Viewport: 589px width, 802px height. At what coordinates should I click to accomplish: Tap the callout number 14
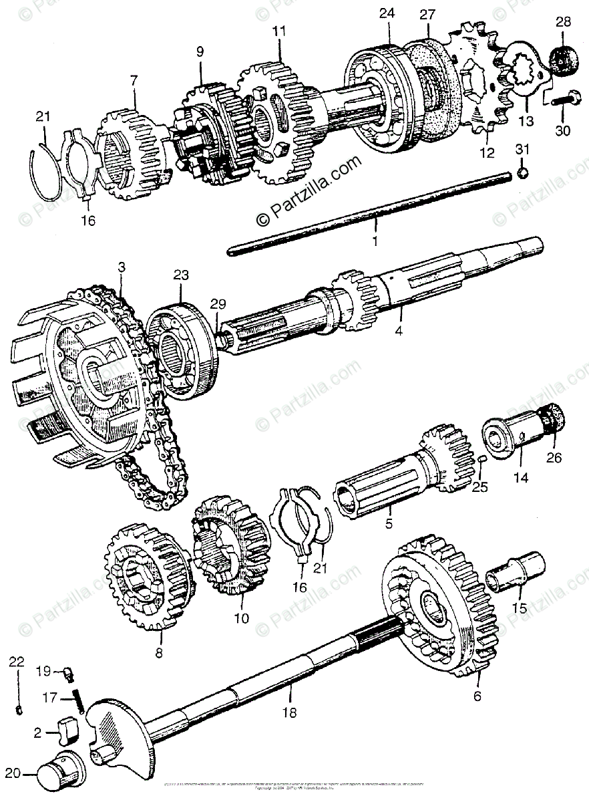(520, 478)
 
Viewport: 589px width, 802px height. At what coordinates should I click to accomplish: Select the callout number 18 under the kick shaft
(288, 712)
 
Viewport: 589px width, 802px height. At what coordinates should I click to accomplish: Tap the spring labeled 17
(79, 701)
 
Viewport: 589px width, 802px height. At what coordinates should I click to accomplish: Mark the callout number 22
(17, 662)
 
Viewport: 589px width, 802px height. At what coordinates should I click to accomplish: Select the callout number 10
(241, 618)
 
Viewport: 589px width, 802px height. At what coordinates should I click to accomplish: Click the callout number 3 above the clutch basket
(121, 267)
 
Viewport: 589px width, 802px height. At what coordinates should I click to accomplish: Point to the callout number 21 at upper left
(43, 116)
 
